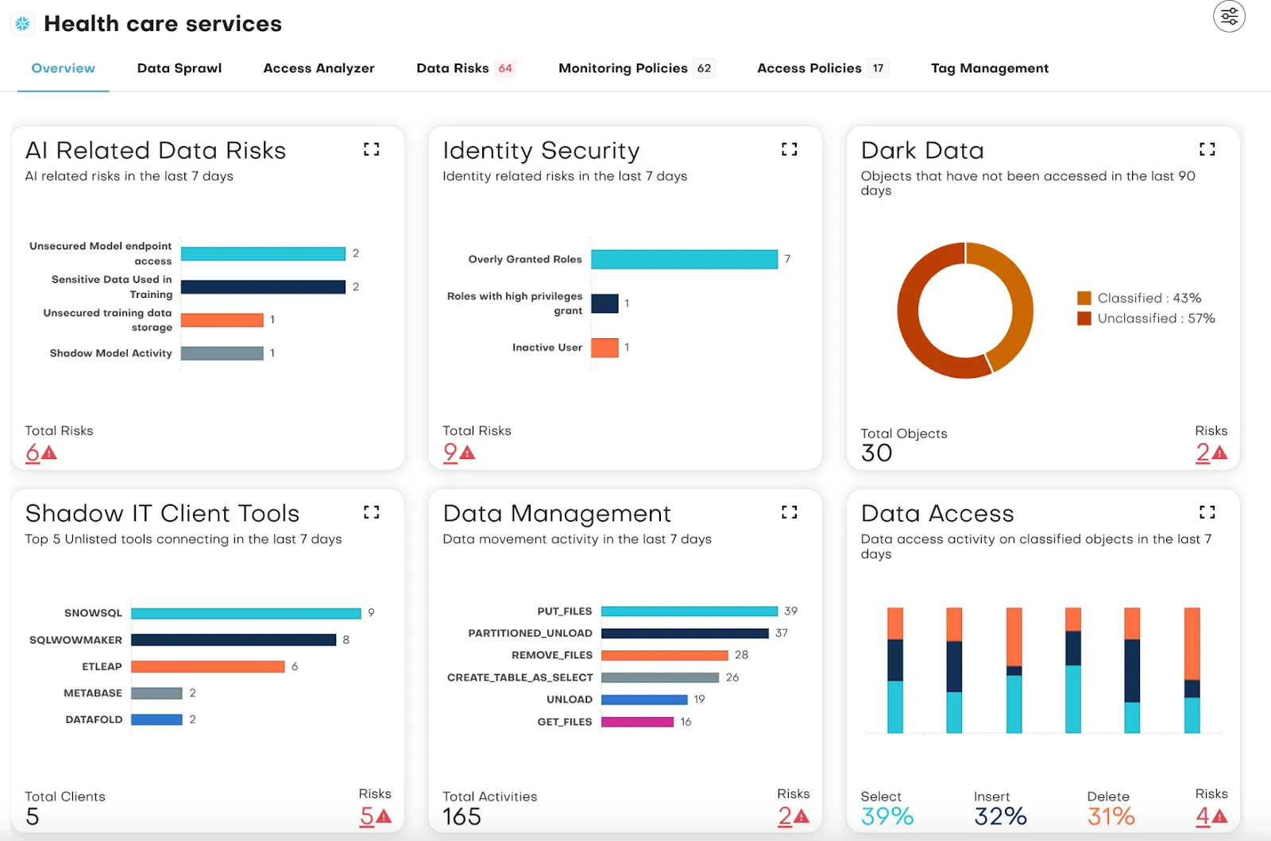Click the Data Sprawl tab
[x=179, y=68]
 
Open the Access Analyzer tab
[x=319, y=68]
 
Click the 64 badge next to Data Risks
[x=505, y=68]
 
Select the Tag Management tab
[x=989, y=68]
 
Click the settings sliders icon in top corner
[x=1229, y=16]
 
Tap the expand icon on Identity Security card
[x=789, y=149]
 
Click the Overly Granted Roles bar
[x=684, y=259]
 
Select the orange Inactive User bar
[x=605, y=348]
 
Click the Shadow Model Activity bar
[x=222, y=353]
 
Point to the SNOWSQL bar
[x=245, y=613]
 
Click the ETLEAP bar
[x=207, y=666]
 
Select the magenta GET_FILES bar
[x=637, y=722]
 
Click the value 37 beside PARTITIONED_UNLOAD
[x=782, y=633]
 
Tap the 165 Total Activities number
[x=462, y=816]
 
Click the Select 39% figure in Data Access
[x=887, y=816]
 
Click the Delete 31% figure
[x=1111, y=816]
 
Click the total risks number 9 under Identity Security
[x=451, y=453]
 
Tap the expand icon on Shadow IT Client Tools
[x=371, y=512]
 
